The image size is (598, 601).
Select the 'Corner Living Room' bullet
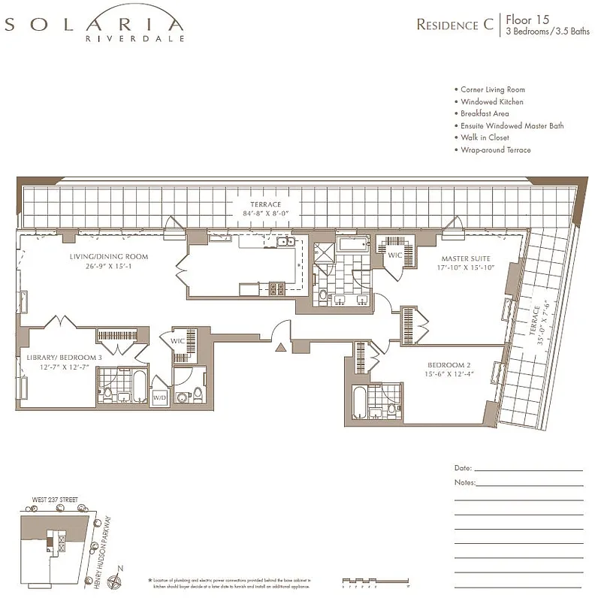click(493, 89)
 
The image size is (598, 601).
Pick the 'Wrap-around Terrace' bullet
click(496, 150)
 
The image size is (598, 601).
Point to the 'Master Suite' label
click(466, 260)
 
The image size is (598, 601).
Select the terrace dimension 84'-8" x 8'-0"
click(267, 214)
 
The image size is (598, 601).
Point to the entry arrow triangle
click(281, 346)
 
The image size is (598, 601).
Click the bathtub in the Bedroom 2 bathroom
click(358, 402)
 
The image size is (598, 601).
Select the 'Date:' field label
click(464, 468)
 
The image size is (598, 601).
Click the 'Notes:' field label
click(465, 482)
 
